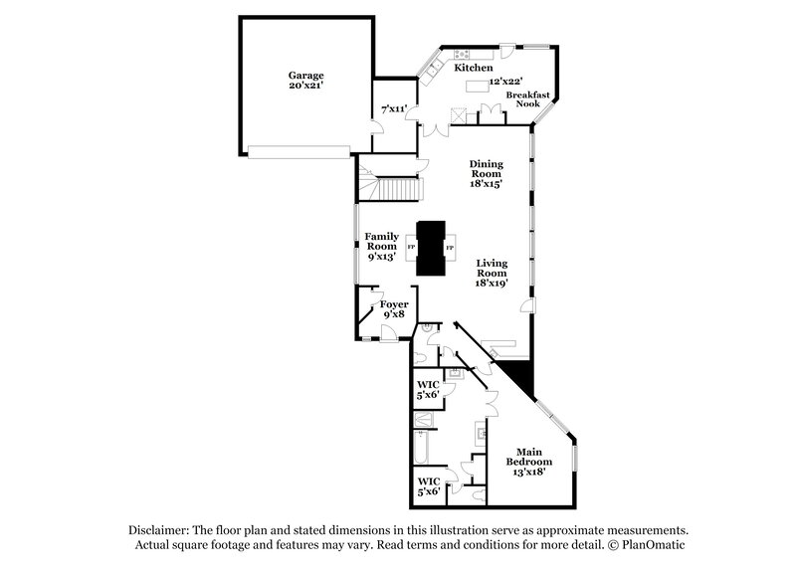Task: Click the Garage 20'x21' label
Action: tap(306, 81)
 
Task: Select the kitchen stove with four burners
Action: tap(461, 53)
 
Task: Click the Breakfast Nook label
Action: tap(521, 97)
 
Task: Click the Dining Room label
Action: tap(487, 173)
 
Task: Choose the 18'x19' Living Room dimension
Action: tap(492, 284)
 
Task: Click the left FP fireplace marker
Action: tap(411, 247)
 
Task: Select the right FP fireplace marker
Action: tap(450, 247)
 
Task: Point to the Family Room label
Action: tap(382, 245)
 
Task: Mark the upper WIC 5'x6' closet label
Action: tap(427, 388)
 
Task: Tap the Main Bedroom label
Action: tap(534, 464)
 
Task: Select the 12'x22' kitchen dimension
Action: tap(506, 82)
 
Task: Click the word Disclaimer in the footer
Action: tap(159, 530)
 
